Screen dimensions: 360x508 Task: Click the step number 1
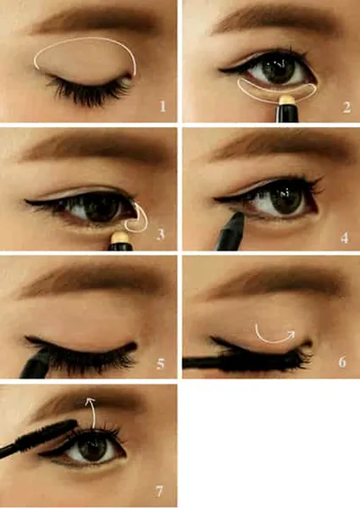163,107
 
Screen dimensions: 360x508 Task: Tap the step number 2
346,108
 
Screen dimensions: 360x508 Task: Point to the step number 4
345,237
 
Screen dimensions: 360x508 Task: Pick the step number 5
160,364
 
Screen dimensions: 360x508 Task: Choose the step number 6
342,362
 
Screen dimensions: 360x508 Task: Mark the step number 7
159,491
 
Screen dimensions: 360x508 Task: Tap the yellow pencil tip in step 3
120,237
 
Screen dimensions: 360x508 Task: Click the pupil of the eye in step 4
283,197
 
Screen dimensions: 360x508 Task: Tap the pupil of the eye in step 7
91,448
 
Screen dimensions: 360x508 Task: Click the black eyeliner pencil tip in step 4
237,216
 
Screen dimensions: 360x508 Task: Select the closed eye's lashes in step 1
89,89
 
